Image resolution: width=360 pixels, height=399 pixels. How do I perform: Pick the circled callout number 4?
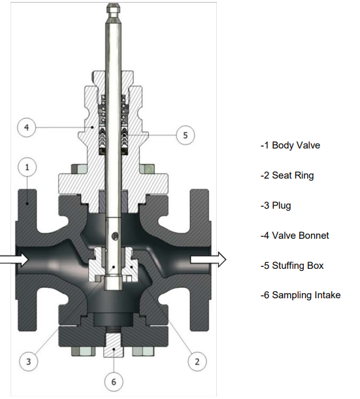pyautogui.click(x=26, y=128)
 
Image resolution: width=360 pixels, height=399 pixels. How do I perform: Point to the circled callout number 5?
pyautogui.click(x=186, y=135)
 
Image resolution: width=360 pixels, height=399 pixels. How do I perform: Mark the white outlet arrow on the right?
pyautogui.click(x=208, y=260)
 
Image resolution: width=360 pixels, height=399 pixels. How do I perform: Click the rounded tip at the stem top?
pyautogui.click(x=114, y=10)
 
